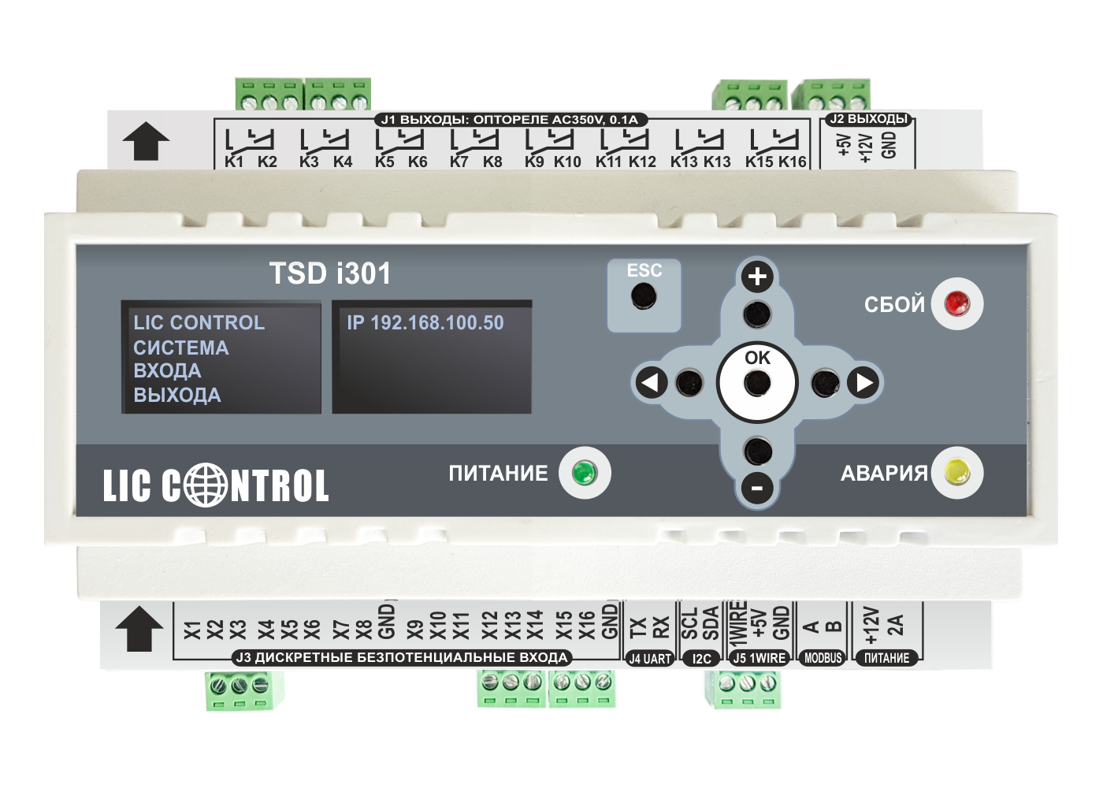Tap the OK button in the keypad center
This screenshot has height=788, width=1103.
pyautogui.click(x=757, y=384)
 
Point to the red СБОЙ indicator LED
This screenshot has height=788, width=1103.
pyautogui.click(x=956, y=303)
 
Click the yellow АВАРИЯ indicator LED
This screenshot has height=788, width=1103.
pyautogui.click(x=956, y=473)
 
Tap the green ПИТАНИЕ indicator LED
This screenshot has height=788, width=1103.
pyautogui.click(x=584, y=473)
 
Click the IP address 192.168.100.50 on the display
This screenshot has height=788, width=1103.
pyautogui.click(x=425, y=322)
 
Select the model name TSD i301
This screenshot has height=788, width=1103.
pyautogui.click(x=330, y=273)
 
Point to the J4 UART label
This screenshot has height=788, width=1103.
pyautogui.click(x=650, y=659)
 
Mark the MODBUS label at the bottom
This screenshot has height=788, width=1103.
pyautogui.click(x=823, y=658)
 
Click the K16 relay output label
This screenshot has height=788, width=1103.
pyautogui.click(x=793, y=162)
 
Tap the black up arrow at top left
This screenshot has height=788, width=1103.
pyautogui.click(x=146, y=142)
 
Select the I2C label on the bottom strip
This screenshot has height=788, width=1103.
pyautogui.click(x=701, y=659)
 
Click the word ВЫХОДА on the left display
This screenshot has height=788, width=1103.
pyautogui.click(x=177, y=395)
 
